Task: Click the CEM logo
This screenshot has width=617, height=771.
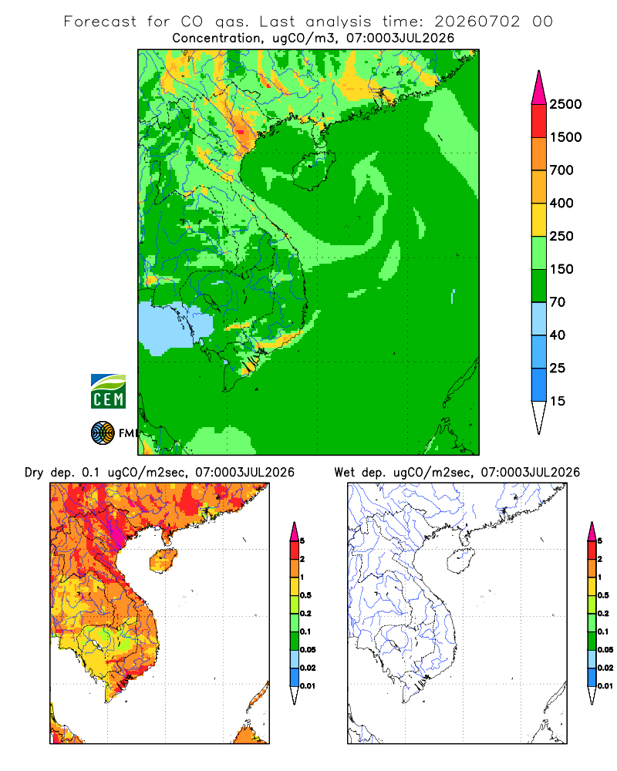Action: (108, 392)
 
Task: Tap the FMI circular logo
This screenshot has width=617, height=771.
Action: (103, 433)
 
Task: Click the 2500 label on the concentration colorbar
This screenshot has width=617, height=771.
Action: (565, 104)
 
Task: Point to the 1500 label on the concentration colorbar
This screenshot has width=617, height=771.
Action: (565, 137)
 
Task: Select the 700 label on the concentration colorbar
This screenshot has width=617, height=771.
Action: (561, 170)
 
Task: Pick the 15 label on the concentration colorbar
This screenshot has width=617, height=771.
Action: (558, 401)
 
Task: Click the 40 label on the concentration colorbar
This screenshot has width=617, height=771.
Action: (558, 335)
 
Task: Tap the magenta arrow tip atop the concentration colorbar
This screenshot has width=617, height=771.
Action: (539, 87)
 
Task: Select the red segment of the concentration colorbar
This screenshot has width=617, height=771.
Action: (539, 121)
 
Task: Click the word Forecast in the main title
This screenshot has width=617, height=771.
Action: (100, 22)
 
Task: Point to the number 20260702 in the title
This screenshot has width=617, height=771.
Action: (477, 22)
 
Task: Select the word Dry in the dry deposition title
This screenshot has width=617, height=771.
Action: (34, 473)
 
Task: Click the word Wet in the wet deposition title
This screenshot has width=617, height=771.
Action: (345, 473)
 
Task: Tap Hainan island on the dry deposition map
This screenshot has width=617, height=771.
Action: (163, 561)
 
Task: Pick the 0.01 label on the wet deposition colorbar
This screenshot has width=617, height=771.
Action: (605, 686)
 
